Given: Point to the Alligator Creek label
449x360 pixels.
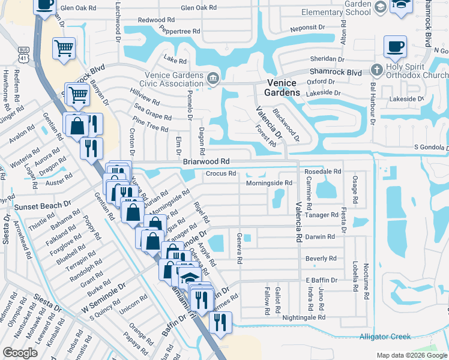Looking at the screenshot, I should pos(384,337).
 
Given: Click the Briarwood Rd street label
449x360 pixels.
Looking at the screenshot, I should pos(206,162).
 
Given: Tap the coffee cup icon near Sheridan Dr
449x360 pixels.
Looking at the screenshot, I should pos(394,46).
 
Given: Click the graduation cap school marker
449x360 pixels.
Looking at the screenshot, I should pos(189,277).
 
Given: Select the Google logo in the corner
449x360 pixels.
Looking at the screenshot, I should pos(20,352).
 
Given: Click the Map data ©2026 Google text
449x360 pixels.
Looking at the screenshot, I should pos(412,355).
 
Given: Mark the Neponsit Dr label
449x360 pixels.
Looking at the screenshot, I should pos(307,27).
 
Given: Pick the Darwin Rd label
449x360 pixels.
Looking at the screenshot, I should pos(320,237).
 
